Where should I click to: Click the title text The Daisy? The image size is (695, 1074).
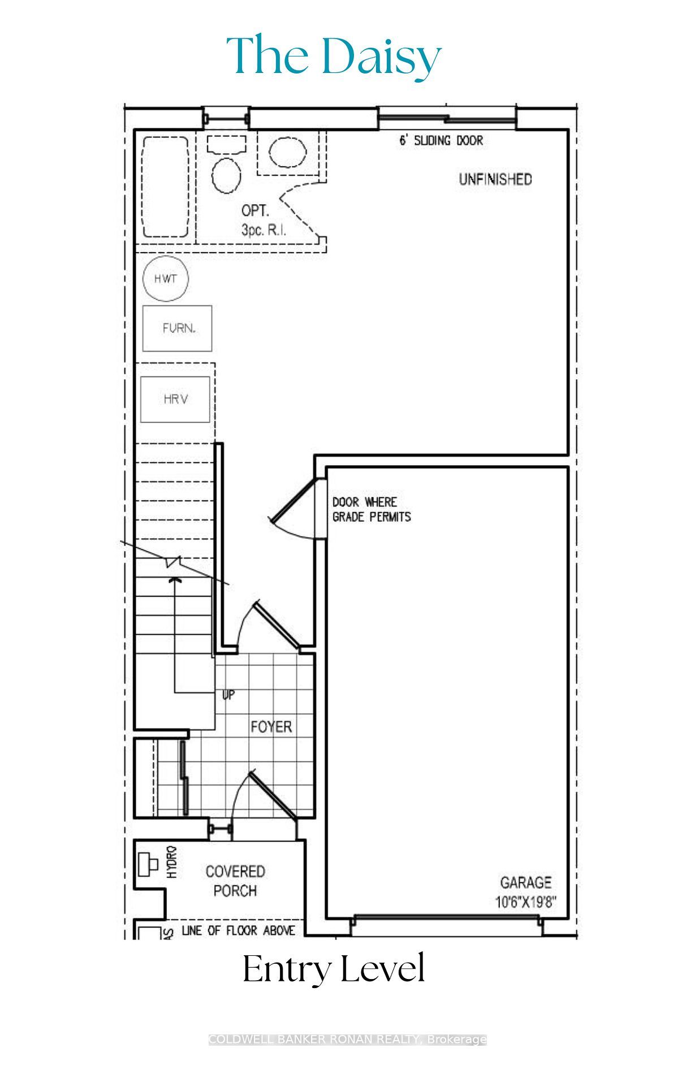pos(334,57)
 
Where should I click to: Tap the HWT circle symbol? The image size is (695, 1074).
pos(165,278)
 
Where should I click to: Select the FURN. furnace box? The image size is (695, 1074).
pos(178,328)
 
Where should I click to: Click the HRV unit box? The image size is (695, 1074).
pos(175,399)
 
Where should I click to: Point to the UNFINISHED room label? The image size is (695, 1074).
pos(495,180)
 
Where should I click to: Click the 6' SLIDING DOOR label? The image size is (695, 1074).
pos(441,141)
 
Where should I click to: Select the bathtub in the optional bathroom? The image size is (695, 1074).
pos(165,187)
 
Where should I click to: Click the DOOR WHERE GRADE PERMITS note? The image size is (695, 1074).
pos(371,509)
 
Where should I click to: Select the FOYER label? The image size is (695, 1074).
pos(271,726)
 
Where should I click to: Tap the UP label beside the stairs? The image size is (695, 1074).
pos(228,695)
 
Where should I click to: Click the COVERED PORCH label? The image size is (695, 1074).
pos(235,881)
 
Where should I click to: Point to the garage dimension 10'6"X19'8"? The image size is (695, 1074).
pos(525,902)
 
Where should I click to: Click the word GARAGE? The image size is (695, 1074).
pos(525,882)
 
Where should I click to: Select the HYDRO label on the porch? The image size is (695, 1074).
pos(172,861)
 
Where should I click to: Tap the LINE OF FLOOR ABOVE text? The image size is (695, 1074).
pos(238,930)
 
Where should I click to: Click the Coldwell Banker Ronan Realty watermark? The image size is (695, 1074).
pos(347,1039)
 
